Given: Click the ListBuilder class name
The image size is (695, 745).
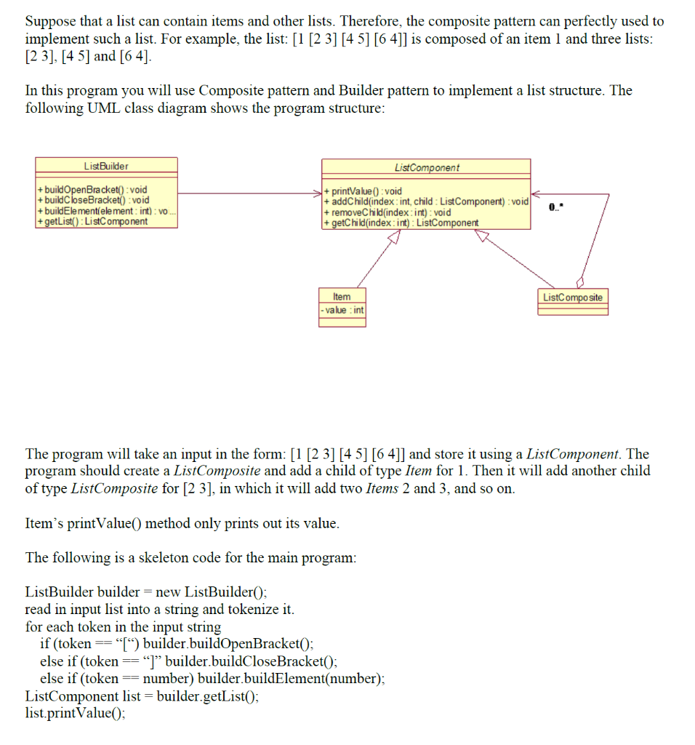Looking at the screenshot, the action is pyautogui.click(x=105, y=167).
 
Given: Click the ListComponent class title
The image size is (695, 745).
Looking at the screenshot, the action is pyautogui.click(x=427, y=167).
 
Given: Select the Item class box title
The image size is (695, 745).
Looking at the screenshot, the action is pyautogui.click(x=342, y=297).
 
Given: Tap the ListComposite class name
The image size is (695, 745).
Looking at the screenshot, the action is pyautogui.click(x=573, y=297).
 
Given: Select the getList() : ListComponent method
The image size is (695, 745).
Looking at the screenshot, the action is pyautogui.click(x=92, y=221).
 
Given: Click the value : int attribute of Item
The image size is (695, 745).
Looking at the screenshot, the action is pyautogui.click(x=342, y=311).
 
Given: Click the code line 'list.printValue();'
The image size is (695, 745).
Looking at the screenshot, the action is pyautogui.click(x=75, y=713).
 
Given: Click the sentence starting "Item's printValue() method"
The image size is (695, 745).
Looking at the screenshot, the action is pyautogui.click(x=182, y=524).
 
